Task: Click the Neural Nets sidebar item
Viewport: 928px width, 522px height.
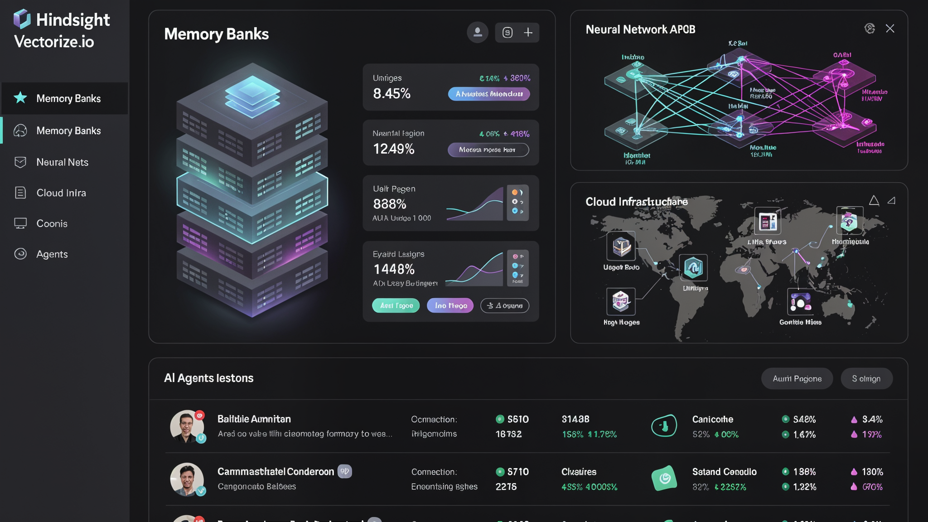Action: pos(62,162)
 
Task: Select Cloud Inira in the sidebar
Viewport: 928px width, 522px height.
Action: pos(61,193)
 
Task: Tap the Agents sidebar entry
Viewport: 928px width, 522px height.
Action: pos(52,254)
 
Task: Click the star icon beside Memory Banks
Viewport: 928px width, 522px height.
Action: pos(20,98)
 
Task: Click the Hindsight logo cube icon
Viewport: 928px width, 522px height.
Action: pos(22,19)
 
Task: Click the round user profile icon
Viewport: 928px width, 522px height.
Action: pos(477,32)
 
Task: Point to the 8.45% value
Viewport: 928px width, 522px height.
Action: pos(391,94)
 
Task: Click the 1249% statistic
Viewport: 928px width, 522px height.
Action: pos(393,149)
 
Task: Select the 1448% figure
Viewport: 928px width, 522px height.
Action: pos(394,269)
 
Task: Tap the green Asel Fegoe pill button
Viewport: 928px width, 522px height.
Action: pos(396,306)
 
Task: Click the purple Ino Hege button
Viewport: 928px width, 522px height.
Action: pos(450,306)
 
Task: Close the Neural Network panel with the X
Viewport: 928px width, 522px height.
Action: pos(890,29)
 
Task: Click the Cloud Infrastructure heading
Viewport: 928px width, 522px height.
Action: pos(636,202)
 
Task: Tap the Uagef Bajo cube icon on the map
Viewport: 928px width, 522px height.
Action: pos(621,246)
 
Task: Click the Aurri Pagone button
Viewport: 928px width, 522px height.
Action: pos(797,378)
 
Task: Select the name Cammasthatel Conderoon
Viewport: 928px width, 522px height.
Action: pos(275,472)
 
